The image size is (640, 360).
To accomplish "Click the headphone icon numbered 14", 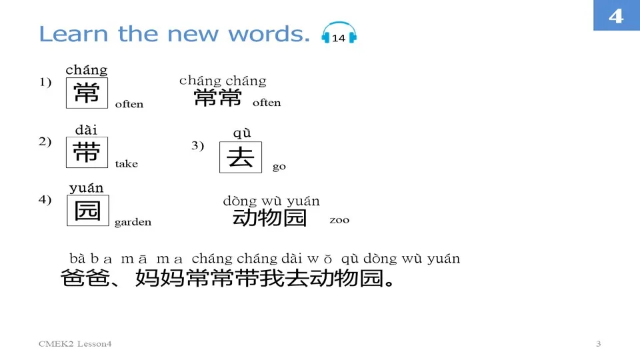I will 339,35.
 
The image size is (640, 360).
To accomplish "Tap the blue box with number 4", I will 616,15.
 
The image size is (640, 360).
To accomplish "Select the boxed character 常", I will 87,93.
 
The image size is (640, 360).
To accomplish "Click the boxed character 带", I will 87,153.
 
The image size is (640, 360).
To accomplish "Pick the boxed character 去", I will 241,157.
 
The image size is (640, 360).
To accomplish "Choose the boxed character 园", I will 87,210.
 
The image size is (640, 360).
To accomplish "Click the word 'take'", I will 127,164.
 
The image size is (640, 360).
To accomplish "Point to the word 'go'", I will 279,167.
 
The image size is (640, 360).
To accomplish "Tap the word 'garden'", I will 133,223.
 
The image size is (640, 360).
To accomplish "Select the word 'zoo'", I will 339,220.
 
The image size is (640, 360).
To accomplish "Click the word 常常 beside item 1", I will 218,99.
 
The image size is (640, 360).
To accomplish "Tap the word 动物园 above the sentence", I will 269,218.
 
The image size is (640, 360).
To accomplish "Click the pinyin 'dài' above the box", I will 86,130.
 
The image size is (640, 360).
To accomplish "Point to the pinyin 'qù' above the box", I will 241,133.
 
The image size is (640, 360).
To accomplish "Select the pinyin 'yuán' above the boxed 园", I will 87,189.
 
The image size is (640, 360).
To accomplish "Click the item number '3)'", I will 197,146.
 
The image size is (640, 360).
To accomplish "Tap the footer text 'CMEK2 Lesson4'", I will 75,344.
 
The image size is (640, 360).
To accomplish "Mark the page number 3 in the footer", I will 598,344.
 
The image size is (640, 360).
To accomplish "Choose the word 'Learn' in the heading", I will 75,34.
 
